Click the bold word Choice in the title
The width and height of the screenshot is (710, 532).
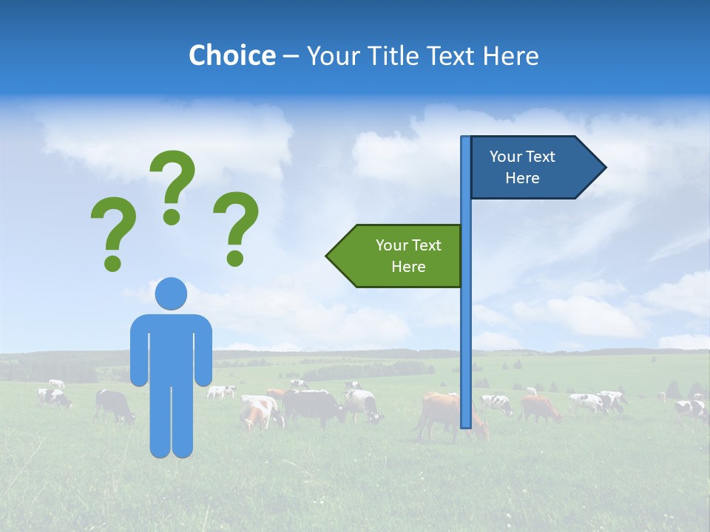[x=231, y=55]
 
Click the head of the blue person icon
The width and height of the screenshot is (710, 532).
[x=171, y=293]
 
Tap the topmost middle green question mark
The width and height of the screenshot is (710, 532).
[x=173, y=185]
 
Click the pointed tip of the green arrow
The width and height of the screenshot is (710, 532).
[x=328, y=256]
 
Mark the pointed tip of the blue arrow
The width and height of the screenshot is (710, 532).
[x=604, y=168]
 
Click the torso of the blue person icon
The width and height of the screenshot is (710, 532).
[x=171, y=347]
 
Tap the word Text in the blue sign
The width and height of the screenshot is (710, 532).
[x=541, y=157]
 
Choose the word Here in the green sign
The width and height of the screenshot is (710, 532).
[x=408, y=267]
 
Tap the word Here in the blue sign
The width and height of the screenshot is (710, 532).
[x=522, y=178]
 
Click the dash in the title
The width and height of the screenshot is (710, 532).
[x=291, y=56]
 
